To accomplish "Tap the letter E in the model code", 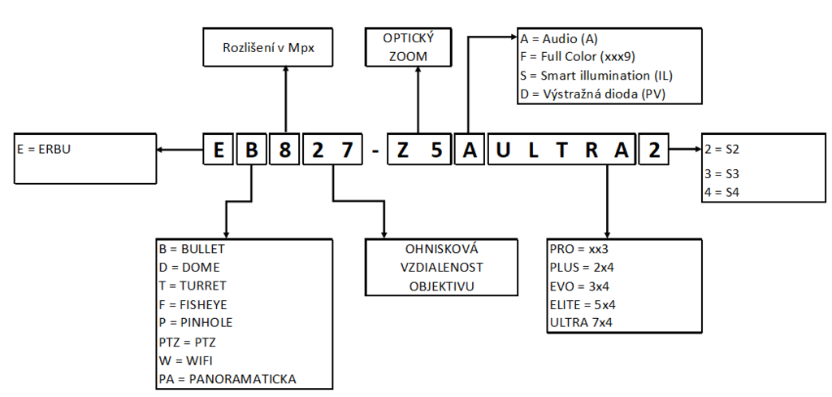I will tap(218, 150).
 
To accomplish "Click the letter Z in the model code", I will tap(403, 150).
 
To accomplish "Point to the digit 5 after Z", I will tap(436, 150).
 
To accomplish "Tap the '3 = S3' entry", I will tap(722, 174).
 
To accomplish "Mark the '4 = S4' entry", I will tap(722, 192).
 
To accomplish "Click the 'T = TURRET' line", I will tap(193, 286).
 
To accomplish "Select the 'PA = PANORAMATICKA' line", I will tap(227, 379).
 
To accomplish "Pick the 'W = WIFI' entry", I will tap(188, 360).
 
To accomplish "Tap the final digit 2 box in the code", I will tap(654, 150).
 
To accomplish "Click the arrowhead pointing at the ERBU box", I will tap(161, 150).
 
